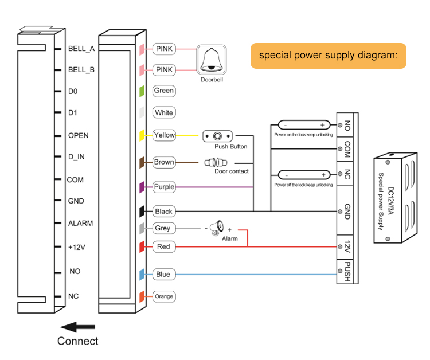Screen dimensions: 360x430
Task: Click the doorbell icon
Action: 212,60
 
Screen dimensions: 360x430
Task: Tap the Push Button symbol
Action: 218,136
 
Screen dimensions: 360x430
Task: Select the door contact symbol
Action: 217,163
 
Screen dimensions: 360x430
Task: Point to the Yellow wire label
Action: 164,135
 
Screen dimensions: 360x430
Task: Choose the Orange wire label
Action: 163,296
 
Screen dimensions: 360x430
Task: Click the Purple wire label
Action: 164,187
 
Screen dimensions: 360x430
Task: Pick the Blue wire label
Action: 163,274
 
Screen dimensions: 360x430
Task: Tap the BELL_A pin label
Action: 81,49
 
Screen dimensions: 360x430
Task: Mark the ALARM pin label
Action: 80,223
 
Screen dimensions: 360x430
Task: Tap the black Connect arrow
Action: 77,327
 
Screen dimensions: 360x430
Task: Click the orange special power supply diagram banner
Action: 328,56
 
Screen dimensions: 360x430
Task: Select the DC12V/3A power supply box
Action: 394,198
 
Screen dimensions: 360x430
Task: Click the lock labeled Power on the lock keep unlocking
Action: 303,125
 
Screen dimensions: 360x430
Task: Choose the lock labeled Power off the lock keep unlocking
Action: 303,174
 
